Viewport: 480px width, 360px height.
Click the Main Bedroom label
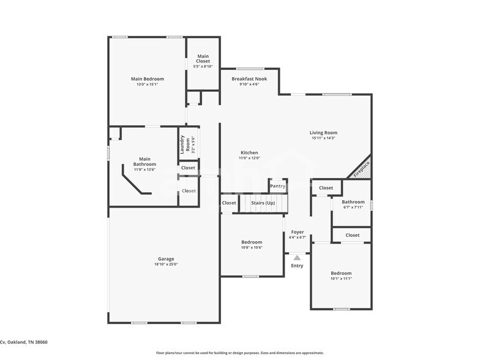147,79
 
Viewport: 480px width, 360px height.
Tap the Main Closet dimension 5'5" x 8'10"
203,66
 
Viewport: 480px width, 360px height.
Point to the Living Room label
323,133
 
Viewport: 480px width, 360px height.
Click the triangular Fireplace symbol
362,167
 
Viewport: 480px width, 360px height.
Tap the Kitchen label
249,152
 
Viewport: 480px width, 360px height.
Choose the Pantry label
278,186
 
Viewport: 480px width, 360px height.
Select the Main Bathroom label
144,162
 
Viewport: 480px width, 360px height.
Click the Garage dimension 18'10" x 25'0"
166,264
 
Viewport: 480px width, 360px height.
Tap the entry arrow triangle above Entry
297,258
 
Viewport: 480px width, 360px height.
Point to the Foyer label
298,232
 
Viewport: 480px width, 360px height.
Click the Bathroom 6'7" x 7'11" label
353,202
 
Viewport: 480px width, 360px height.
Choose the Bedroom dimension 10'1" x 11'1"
341,279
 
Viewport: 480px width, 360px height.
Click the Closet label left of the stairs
229,203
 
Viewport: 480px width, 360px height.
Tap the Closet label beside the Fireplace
326,188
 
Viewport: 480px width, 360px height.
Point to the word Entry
297,266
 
